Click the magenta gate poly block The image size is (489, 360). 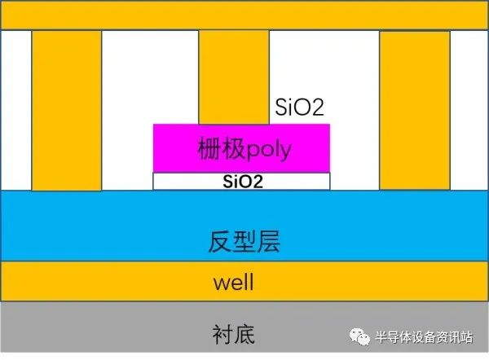coord(241,148)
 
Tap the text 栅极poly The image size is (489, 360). coord(244,149)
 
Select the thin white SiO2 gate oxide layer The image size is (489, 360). coord(241,181)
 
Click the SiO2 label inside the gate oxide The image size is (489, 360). coord(243,182)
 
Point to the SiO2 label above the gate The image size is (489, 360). coord(299,107)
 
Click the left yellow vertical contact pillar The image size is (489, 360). coord(67,110)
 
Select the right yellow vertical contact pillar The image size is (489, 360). coord(415,110)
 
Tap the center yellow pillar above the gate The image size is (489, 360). coord(234,77)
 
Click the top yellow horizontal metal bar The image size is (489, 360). coord(244,15)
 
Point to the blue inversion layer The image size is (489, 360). coord(244,226)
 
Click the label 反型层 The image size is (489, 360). coord(244,241)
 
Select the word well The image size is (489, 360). coord(234,282)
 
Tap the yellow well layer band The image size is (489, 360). coord(244,281)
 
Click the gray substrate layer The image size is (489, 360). coord(244,327)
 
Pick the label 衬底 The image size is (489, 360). coord(234,334)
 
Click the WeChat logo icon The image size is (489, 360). coord(359,336)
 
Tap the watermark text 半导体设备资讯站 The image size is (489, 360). coord(424,337)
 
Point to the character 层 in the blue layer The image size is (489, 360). coord(269,241)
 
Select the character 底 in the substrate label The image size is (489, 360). coord(244,334)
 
